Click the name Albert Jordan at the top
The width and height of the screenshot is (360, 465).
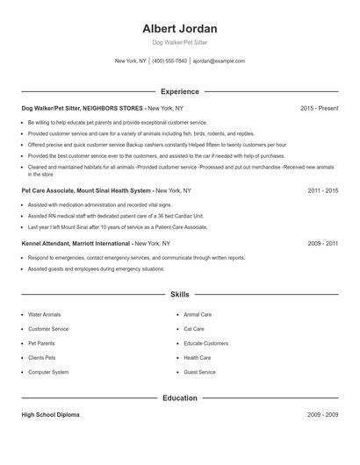179,28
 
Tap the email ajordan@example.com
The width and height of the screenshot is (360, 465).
219,61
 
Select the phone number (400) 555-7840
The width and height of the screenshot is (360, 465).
169,61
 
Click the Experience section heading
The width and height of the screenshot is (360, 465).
179,91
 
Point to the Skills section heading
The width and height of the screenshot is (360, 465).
179,296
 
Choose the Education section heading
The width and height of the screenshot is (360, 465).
179,397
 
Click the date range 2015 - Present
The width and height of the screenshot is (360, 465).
319,108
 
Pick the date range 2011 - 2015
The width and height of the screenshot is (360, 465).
323,190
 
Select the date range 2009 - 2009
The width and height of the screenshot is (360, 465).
323,415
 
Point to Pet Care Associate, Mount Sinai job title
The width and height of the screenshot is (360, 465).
87,190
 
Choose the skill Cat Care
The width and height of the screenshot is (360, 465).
194,329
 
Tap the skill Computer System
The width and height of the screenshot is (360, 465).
48,372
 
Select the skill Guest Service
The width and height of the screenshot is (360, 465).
199,372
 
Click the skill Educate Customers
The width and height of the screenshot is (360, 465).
206,343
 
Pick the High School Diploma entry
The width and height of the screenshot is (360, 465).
50,415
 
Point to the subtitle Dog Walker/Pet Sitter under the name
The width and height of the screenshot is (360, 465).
179,42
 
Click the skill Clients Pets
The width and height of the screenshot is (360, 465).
41,358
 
